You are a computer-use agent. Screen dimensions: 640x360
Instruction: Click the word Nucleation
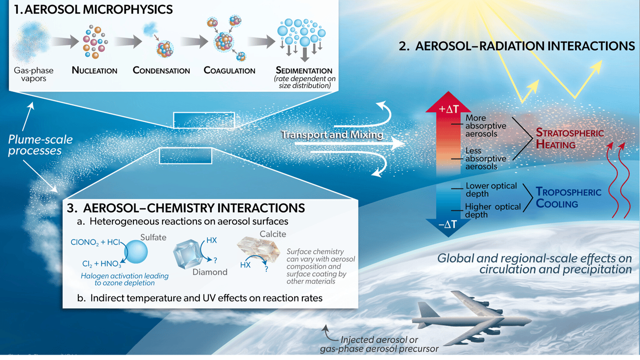(95, 70)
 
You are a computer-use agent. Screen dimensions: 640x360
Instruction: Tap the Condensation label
(161, 70)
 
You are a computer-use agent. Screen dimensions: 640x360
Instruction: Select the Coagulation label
(229, 70)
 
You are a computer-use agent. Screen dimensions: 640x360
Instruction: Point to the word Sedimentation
(304, 70)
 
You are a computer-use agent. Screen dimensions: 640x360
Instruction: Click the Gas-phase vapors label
(33, 74)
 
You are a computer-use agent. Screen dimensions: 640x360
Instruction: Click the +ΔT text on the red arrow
(448, 109)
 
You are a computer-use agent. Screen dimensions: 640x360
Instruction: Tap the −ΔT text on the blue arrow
(448, 225)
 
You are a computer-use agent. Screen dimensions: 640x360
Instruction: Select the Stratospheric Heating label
(570, 138)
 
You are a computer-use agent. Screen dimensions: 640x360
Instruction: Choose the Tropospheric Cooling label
(568, 197)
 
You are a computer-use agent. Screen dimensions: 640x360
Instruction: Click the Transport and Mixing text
(332, 134)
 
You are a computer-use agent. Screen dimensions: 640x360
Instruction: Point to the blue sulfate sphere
(136, 252)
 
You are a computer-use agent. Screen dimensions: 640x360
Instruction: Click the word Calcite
(273, 234)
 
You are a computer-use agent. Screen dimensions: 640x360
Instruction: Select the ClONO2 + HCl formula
(96, 243)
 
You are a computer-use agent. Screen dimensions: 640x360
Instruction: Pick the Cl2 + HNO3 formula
(102, 263)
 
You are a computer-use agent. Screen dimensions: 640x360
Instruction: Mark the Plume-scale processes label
(40, 145)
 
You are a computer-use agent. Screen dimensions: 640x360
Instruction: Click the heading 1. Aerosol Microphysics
(93, 9)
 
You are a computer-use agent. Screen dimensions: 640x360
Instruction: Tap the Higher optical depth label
(493, 211)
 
